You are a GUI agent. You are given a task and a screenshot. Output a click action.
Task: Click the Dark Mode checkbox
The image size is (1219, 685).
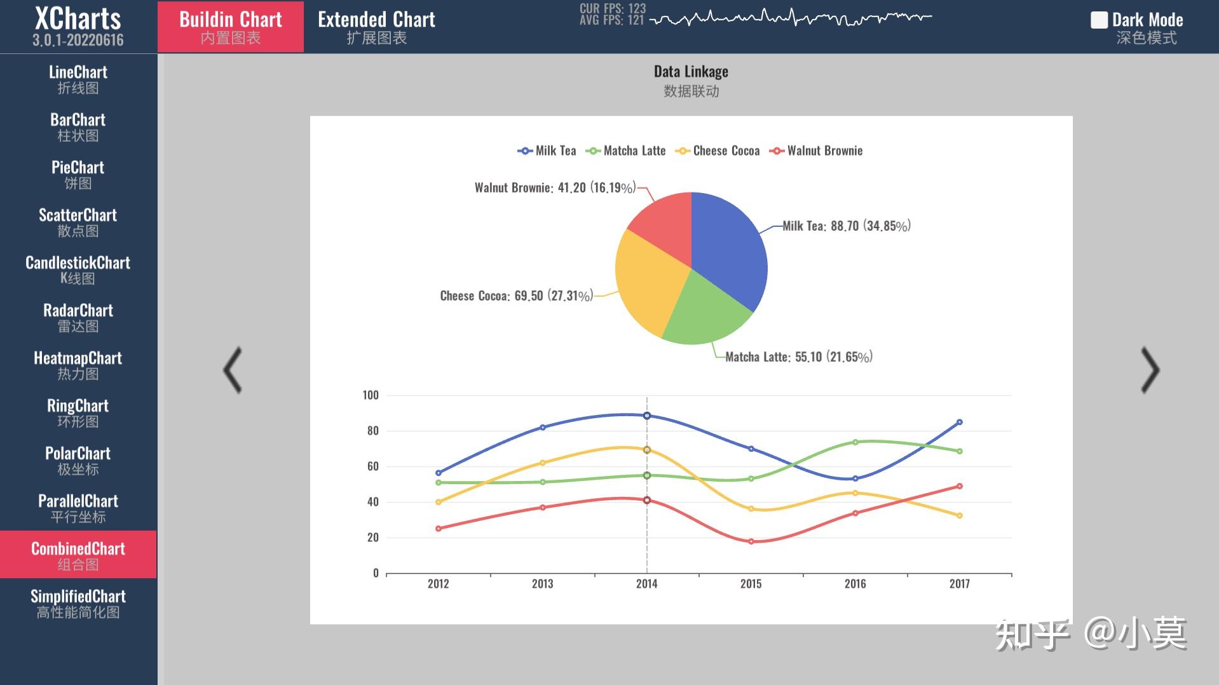coord(1099,20)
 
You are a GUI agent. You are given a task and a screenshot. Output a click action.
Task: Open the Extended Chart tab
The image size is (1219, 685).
coord(376,27)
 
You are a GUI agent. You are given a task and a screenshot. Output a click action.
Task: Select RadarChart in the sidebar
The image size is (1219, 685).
coord(78,317)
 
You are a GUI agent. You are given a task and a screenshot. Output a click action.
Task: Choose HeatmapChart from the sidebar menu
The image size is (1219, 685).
coord(78,365)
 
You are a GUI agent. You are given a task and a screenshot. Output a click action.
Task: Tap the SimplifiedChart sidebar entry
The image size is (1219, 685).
coord(78,603)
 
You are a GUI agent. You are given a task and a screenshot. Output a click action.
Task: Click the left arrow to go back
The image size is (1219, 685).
coord(233,370)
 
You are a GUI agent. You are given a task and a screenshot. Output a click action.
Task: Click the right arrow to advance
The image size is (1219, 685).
coord(1150,370)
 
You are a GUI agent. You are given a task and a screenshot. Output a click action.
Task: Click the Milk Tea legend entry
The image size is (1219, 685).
coord(547,151)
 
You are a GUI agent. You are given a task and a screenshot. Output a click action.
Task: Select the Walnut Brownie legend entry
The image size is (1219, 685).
coord(816,151)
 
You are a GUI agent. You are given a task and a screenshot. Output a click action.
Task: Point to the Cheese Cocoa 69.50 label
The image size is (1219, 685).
coord(515,295)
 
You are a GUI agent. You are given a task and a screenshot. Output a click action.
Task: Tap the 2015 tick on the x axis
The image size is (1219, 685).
coord(751,583)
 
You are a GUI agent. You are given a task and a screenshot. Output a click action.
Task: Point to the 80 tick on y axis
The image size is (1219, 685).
coord(372,431)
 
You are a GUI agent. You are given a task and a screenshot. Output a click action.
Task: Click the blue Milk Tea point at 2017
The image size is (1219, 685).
coord(959,422)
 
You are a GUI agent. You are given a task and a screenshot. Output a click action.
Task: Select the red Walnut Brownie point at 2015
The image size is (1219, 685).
coord(751,541)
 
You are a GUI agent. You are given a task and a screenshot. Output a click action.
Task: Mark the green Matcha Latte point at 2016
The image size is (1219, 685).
coord(855,442)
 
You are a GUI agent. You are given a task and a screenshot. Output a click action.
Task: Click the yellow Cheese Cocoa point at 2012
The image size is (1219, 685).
coord(438,502)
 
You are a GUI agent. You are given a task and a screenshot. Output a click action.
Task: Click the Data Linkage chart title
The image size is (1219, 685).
coord(691,72)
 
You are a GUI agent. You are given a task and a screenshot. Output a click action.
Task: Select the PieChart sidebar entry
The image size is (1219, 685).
coord(78,174)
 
